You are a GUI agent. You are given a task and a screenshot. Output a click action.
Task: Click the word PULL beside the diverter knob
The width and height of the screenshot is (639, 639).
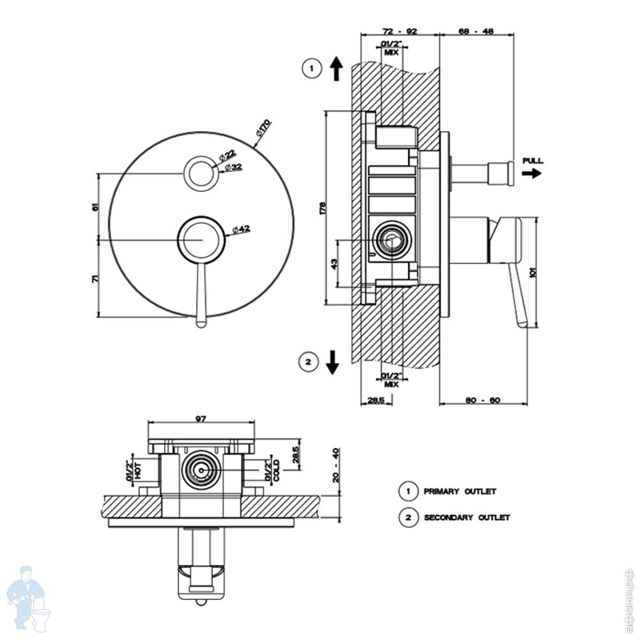532,160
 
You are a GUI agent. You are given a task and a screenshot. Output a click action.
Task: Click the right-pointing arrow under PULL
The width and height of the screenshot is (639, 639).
531,173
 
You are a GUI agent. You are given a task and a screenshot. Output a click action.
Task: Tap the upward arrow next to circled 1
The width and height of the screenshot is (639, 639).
337,68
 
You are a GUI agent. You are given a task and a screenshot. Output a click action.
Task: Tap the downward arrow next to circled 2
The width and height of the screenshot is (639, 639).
332,362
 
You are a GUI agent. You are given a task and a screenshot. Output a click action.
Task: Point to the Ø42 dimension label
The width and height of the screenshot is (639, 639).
241,229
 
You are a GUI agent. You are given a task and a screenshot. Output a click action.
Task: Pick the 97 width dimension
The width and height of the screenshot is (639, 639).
201,419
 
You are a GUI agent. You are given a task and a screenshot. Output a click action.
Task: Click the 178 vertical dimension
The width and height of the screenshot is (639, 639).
323,208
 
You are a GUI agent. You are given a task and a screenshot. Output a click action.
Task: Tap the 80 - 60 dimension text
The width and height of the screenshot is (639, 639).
482,400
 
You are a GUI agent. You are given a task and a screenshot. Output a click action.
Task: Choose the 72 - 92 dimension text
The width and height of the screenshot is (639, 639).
399,31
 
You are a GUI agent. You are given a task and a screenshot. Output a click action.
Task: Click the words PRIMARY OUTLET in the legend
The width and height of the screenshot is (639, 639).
459,491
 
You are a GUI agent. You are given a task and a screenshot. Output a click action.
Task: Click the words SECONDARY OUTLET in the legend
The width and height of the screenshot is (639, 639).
467,518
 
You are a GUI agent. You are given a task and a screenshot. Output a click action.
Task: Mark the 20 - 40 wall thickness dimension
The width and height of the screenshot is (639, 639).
337,465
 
